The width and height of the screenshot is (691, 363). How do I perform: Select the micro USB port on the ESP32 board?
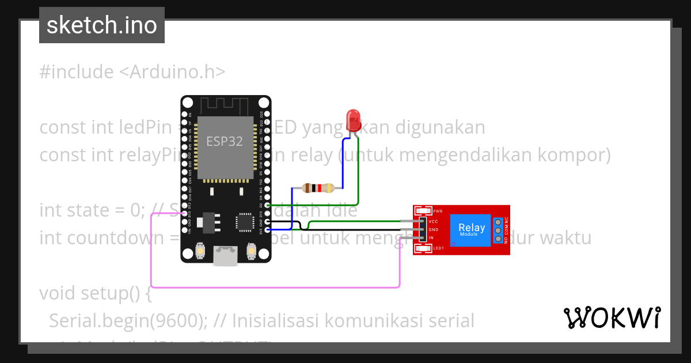pos(225,256)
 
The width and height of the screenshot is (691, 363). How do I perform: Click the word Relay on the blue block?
pos(472,228)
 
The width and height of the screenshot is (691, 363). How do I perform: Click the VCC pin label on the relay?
pos(434,221)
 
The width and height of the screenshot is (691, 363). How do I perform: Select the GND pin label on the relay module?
pos(434,229)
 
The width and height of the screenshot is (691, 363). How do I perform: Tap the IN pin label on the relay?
pos(431,237)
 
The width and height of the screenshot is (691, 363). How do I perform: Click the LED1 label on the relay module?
pos(437,248)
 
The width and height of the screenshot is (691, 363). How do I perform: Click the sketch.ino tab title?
pos(102,25)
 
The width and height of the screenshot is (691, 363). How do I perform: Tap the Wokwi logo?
pos(612,317)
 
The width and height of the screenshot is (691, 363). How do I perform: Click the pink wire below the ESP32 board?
pos(276,286)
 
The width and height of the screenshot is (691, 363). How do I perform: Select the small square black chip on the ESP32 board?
pos(245,222)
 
